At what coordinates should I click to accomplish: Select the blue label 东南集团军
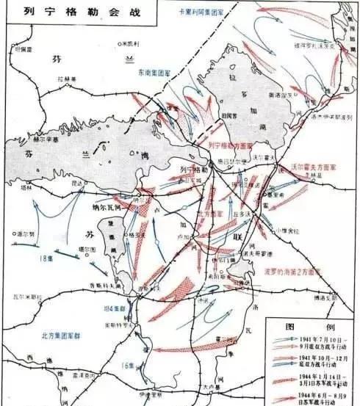(156, 73)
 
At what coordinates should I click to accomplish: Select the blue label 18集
(50, 258)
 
